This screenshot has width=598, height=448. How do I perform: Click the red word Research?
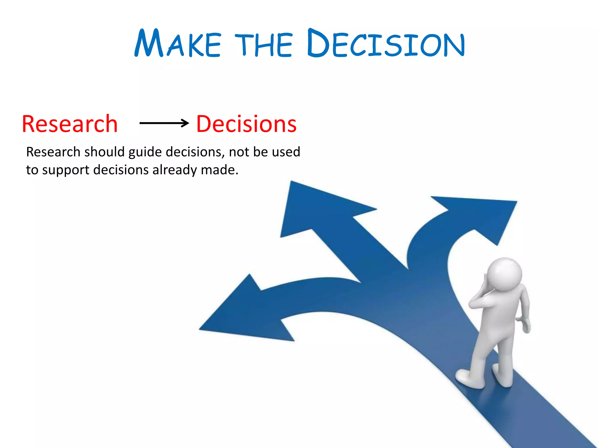70,124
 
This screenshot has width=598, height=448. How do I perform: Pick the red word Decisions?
246,124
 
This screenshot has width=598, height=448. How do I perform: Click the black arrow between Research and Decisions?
164,123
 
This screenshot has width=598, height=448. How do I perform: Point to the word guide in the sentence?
145,152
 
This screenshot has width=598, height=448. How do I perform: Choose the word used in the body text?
286,152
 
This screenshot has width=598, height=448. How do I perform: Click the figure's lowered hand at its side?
526,325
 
